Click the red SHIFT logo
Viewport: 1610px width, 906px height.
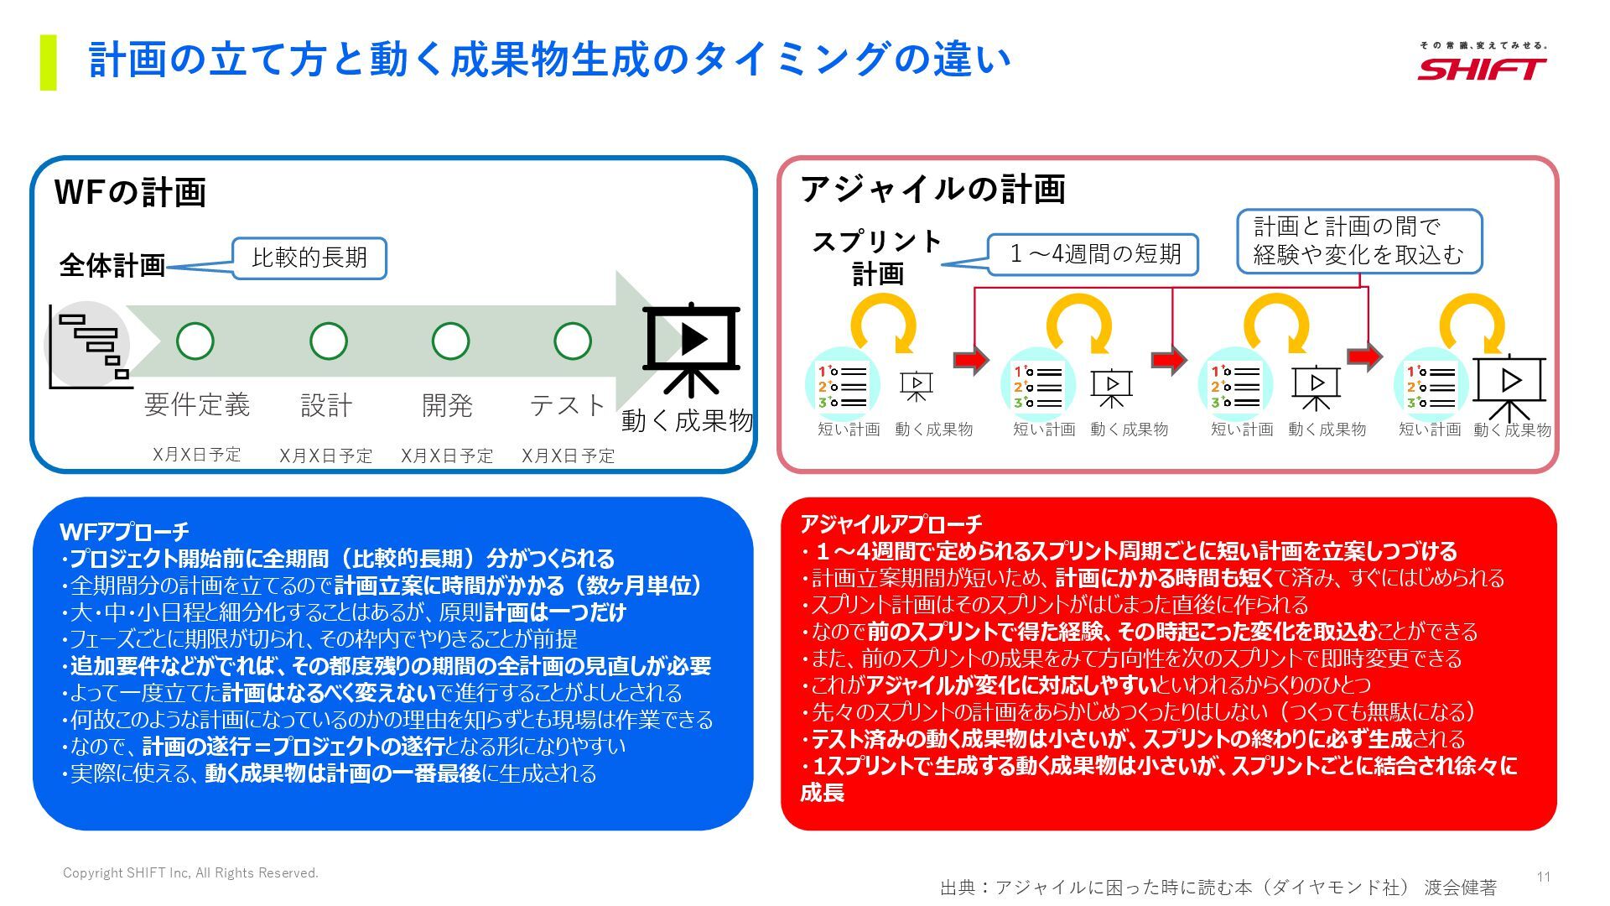(1482, 68)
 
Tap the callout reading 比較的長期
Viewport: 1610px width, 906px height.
(309, 258)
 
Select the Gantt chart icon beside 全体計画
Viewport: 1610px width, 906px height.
(89, 346)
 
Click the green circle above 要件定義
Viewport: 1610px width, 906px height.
(195, 341)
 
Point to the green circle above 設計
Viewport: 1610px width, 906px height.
(328, 341)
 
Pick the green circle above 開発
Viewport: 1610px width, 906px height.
(450, 341)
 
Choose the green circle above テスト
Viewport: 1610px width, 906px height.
(573, 341)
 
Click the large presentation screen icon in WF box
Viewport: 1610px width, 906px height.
(692, 346)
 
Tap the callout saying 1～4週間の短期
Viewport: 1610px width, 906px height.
(1093, 254)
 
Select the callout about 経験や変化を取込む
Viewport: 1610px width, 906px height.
(1358, 241)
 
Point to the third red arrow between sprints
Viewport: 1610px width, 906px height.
(1364, 357)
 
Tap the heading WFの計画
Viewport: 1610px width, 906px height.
(130, 192)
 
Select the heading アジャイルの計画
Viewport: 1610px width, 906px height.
(932, 189)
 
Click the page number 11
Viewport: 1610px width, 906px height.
(1543, 877)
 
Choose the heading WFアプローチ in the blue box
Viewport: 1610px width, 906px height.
(124, 531)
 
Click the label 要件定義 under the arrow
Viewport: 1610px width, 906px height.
(197, 404)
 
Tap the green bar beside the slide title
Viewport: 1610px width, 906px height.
(49, 62)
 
